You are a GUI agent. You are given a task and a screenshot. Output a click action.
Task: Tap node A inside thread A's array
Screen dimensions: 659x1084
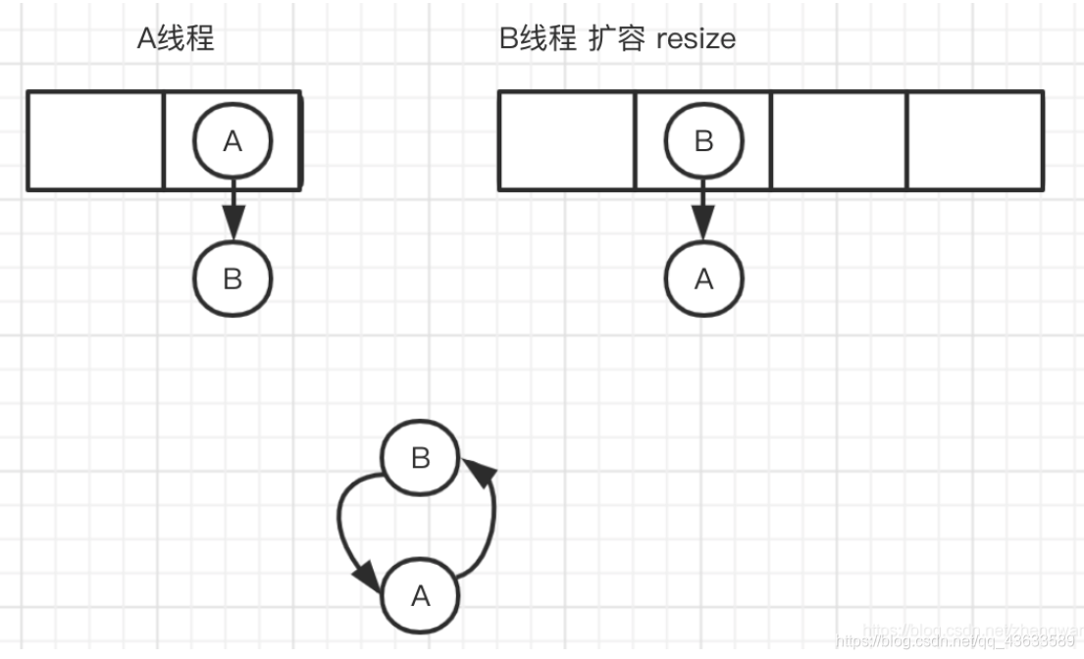click(x=232, y=141)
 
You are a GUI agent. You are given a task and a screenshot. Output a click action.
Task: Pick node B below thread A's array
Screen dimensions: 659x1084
click(x=232, y=279)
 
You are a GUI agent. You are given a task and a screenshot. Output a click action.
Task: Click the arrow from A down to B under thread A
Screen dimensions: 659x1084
click(x=232, y=210)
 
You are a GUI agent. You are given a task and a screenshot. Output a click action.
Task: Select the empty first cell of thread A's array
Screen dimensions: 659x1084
click(x=95, y=140)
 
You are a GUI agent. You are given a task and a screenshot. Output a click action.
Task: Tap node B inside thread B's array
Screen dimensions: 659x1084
click(x=703, y=141)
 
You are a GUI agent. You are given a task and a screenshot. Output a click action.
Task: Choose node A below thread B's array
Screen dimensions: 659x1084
click(x=703, y=279)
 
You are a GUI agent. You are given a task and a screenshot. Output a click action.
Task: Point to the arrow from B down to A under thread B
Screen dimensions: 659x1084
click(x=703, y=210)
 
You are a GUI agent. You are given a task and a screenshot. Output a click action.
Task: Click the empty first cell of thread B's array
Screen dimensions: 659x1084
click(x=567, y=140)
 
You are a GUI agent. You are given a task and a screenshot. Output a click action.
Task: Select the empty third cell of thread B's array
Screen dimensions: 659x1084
click(x=839, y=140)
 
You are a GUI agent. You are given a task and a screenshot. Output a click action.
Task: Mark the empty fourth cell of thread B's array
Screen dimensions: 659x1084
click(x=974, y=140)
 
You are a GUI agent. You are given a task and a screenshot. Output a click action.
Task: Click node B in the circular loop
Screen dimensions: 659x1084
click(x=420, y=459)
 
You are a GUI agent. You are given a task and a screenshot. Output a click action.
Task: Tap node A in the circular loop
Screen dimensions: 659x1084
click(x=420, y=596)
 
